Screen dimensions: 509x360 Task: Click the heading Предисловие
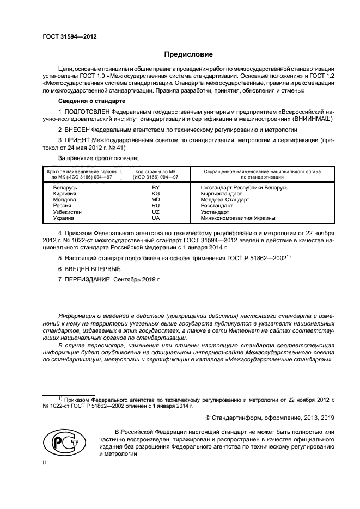[x=189, y=54]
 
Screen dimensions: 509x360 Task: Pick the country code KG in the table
[x=156, y=193]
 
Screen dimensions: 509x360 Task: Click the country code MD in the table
[x=156, y=199]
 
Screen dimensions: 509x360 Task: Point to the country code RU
[x=156, y=206]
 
